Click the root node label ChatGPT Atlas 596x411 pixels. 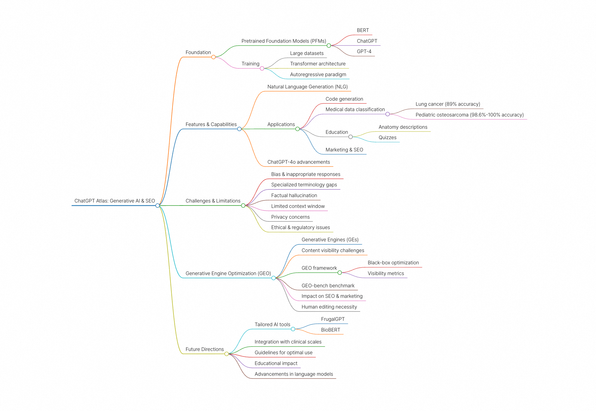click(x=115, y=201)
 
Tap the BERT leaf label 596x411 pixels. click(x=363, y=30)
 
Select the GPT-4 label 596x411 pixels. click(x=364, y=51)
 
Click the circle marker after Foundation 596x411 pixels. click(x=213, y=57)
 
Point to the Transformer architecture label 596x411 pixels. click(x=318, y=64)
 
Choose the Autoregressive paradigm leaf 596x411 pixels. click(x=318, y=74)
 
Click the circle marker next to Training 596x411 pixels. click(x=262, y=68)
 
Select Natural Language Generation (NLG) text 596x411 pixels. click(x=308, y=87)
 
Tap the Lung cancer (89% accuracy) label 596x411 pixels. click(x=448, y=104)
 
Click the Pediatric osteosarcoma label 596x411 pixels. click(x=469, y=115)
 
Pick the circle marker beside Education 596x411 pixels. click(x=351, y=137)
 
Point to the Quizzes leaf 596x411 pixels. click(x=387, y=138)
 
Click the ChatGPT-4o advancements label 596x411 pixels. click(x=299, y=162)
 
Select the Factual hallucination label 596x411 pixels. click(x=294, y=196)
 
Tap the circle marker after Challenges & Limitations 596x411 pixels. click(x=243, y=205)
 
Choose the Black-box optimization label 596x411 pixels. click(x=393, y=263)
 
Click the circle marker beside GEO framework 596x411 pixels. click(x=340, y=273)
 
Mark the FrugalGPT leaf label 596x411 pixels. click(x=333, y=319)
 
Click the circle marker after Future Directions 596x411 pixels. click(x=227, y=354)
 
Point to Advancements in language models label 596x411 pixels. click(x=294, y=374)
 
